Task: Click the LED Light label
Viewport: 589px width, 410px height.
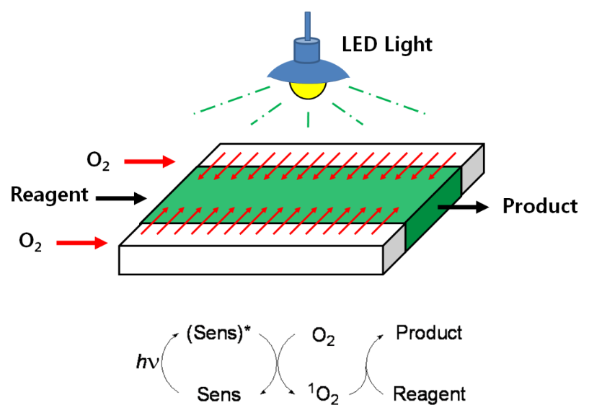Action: (x=386, y=45)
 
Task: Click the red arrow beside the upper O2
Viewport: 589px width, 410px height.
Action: (x=149, y=161)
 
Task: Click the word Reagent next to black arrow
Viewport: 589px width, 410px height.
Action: (x=50, y=195)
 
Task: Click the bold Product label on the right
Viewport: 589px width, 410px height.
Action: (x=540, y=206)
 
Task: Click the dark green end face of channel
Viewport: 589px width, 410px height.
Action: (x=433, y=212)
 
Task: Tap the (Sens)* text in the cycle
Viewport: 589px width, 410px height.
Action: (x=225, y=334)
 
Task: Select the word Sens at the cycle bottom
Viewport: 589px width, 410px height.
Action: (x=219, y=394)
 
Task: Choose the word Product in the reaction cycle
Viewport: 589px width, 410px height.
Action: (x=430, y=333)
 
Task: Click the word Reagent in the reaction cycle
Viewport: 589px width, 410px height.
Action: (x=429, y=394)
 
